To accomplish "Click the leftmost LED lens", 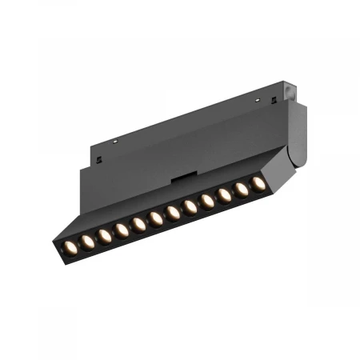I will tap(70, 244).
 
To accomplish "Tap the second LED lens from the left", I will tap(87, 239).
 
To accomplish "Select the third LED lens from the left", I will tap(105, 234).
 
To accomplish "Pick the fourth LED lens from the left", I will tap(122, 230).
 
